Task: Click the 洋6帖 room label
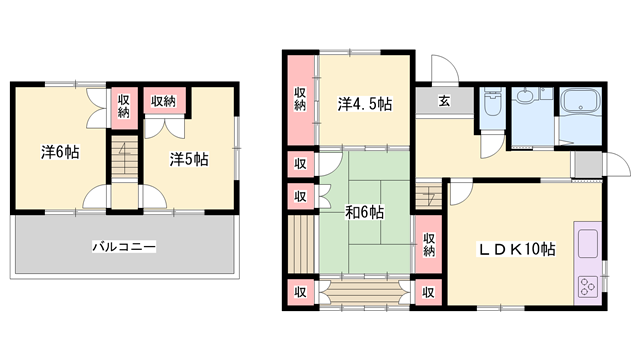click(x=60, y=152)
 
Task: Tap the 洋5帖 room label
click(x=189, y=159)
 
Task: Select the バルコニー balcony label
click(x=124, y=247)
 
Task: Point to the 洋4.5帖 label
click(x=364, y=104)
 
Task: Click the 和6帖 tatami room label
click(x=364, y=212)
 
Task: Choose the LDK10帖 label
click(x=516, y=249)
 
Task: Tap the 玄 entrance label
click(x=444, y=100)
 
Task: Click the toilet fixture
click(x=491, y=101)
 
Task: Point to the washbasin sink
click(x=525, y=96)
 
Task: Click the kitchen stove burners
click(x=588, y=286)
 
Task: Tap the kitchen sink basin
click(x=588, y=244)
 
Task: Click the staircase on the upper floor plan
click(x=124, y=158)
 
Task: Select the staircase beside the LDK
click(x=429, y=196)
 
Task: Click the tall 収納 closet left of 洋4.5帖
click(x=300, y=99)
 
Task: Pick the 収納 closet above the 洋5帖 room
click(x=164, y=100)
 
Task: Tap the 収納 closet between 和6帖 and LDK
click(x=429, y=244)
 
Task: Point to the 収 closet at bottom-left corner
click(x=300, y=292)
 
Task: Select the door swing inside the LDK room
click(x=461, y=194)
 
